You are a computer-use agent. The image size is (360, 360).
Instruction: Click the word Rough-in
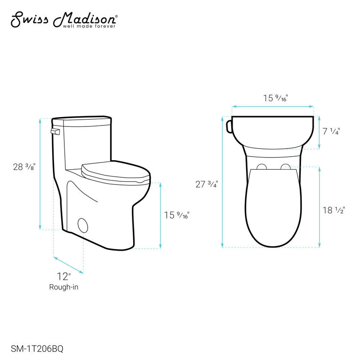[64, 287]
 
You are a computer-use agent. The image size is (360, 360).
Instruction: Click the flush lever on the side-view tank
[56, 131]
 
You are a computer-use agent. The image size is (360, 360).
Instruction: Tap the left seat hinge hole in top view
[261, 167]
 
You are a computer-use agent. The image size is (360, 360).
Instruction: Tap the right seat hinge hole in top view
[285, 167]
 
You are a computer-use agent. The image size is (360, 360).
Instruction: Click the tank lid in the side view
[82, 120]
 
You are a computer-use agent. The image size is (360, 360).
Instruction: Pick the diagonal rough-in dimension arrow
[68, 265]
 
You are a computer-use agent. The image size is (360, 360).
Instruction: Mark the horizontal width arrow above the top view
[273, 107]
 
